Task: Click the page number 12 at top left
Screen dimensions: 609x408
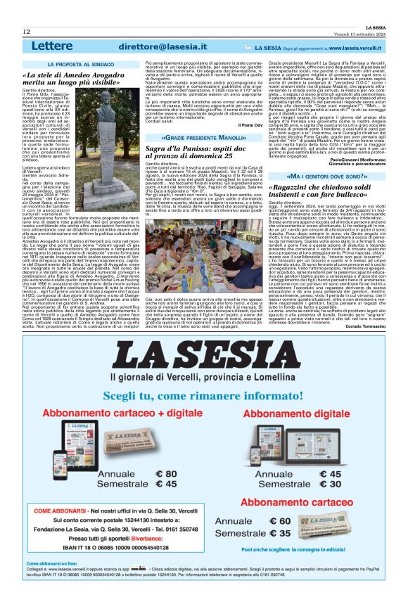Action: [26, 32]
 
